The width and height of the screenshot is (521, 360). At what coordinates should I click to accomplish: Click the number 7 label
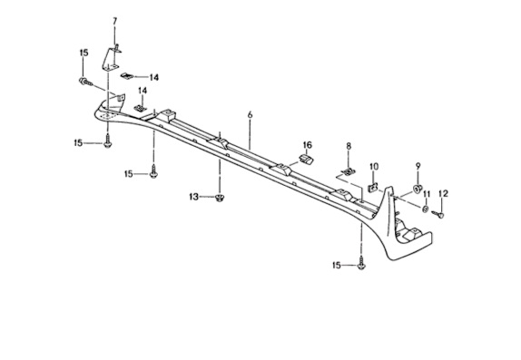pyautogui.click(x=115, y=20)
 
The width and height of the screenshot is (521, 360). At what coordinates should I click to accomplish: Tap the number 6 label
pyautogui.click(x=249, y=115)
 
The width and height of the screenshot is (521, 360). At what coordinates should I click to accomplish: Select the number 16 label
pyautogui.click(x=307, y=145)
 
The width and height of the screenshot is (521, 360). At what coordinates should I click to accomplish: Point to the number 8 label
pyautogui.click(x=348, y=145)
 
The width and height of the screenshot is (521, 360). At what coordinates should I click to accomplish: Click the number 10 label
pyautogui.click(x=374, y=166)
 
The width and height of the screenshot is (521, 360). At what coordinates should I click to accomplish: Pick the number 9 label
pyautogui.click(x=418, y=164)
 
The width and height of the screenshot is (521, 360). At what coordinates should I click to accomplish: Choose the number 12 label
pyautogui.click(x=444, y=193)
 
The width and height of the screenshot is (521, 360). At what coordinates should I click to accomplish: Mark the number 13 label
pyautogui.click(x=193, y=195)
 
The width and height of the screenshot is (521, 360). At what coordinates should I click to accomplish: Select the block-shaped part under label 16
pyautogui.click(x=306, y=161)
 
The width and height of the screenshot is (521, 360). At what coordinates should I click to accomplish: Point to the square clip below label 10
pyautogui.click(x=374, y=188)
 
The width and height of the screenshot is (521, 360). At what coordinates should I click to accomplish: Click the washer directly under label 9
pyautogui.click(x=418, y=188)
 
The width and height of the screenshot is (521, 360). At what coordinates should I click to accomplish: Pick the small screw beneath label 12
pyautogui.click(x=436, y=214)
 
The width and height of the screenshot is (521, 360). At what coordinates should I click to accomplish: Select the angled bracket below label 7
pyautogui.click(x=112, y=61)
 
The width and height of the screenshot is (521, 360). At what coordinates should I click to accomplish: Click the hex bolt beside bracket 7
pyautogui.click(x=86, y=83)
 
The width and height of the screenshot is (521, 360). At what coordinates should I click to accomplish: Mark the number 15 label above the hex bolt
pyautogui.click(x=84, y=54)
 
